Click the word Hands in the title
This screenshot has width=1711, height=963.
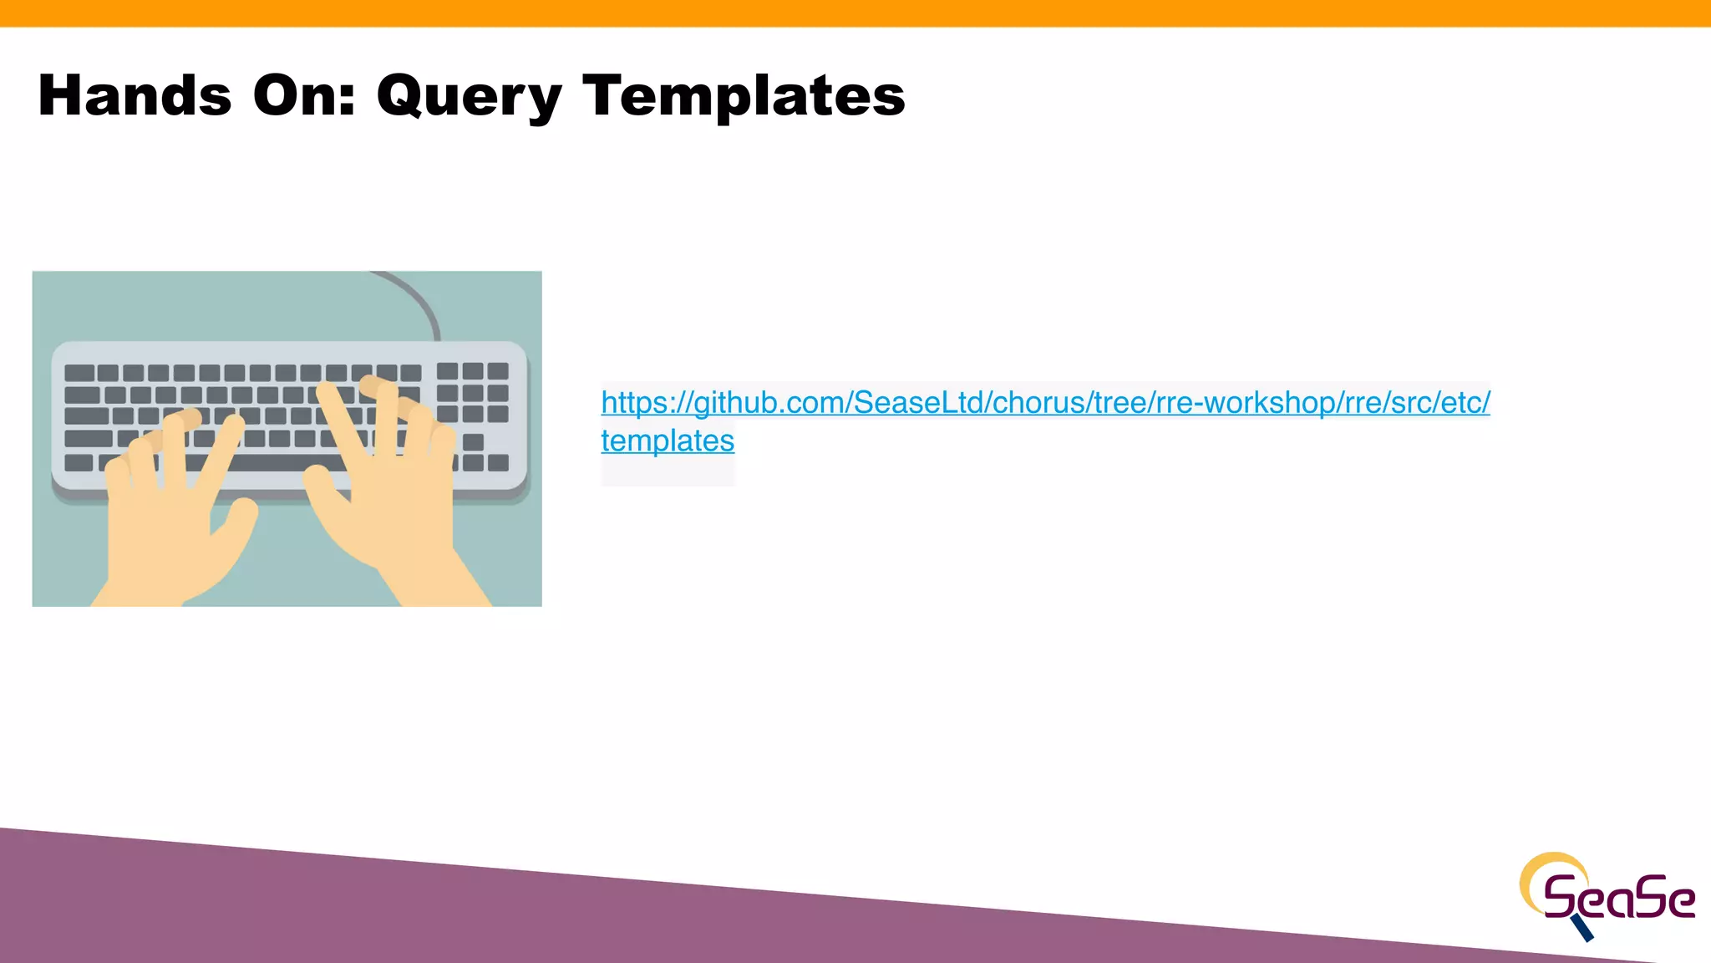135,95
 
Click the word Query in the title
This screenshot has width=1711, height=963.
469,97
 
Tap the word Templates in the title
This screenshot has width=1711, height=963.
744,97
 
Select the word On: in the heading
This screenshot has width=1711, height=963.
304,95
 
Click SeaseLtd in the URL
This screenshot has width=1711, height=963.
918,403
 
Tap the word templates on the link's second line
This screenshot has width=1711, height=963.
668,441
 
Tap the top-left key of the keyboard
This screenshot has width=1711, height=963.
79,373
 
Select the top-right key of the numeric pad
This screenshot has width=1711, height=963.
499,371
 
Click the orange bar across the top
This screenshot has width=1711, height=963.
855,13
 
